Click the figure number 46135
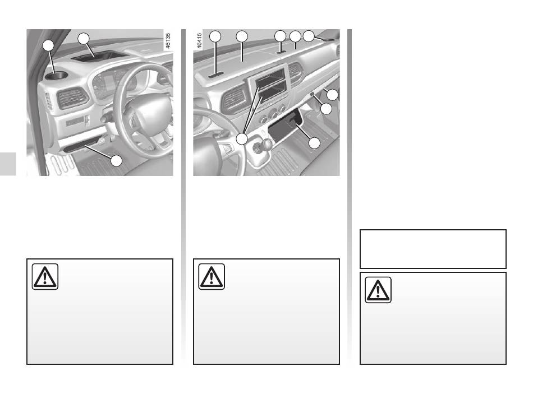[167, 40]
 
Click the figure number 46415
[199, 40]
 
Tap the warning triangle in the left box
[45, 276]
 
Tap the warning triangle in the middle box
[212, 276]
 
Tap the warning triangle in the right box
[378, 290]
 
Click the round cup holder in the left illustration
[57, 76]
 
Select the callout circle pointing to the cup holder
[49, 45]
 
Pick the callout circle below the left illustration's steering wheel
[117, 161]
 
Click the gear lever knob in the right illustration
[266, 144]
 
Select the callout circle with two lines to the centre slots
[242, 138]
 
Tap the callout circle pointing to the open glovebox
[314, 143]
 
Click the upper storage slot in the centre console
[270, 81]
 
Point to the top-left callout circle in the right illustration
[215, 36]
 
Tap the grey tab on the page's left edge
[8, 164]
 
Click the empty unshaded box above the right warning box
[433, 249]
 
